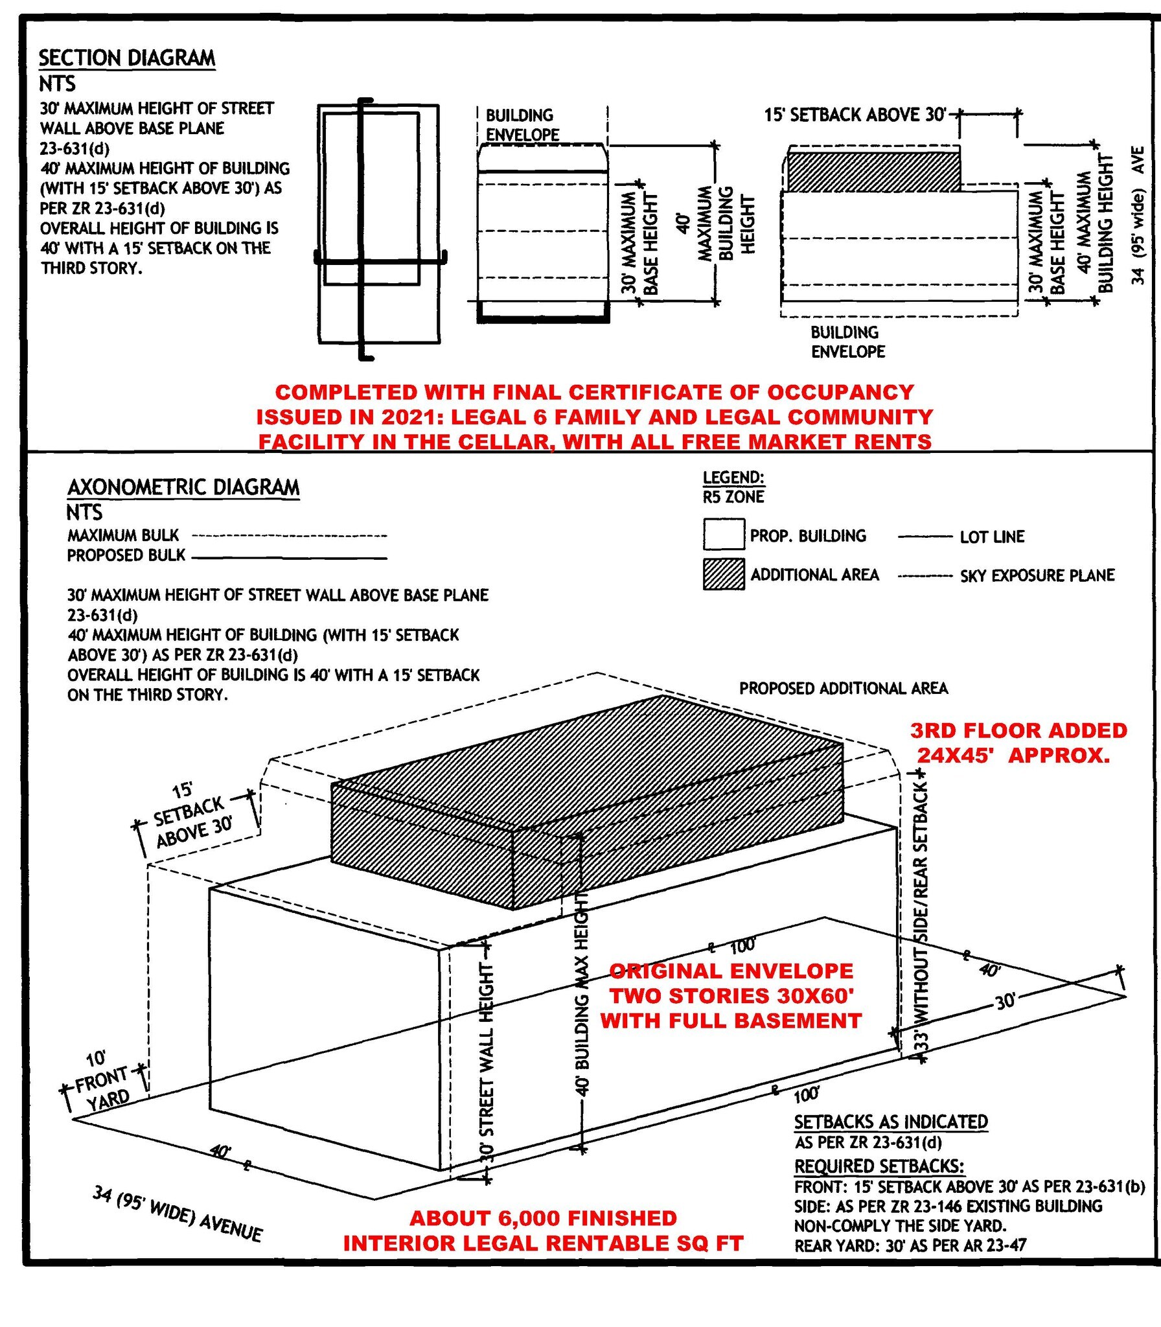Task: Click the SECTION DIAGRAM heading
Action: coord(127,58)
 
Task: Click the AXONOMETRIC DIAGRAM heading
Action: coord(183,487)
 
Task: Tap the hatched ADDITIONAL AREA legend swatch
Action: coord(724,574)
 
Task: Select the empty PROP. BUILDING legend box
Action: coord(724,535)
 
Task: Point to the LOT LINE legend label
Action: coord(992,537)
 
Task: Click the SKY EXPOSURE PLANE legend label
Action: coord(1037,575)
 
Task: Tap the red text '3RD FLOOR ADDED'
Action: coord(1018,731)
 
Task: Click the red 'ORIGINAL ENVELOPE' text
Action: coord(731,971)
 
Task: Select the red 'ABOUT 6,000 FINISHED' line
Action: coord(543,1218)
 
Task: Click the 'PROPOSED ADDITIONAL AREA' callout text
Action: coord(844,688)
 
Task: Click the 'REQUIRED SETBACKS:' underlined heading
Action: coord(879,1166)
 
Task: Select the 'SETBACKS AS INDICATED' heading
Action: coord(891,1122)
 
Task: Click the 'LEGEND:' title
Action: coord(733,478)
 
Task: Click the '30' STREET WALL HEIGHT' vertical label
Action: coord(487,1063)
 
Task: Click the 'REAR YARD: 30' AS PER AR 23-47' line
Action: coord(910,1245)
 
